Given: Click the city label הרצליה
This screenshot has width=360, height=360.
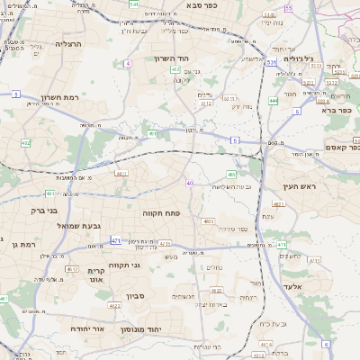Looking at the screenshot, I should pos(68,43).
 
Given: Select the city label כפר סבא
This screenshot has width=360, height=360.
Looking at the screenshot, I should pos(203,5).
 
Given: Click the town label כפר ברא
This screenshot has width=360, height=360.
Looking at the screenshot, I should pos(340,111).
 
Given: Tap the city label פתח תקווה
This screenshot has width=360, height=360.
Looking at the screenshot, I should pos(161,213).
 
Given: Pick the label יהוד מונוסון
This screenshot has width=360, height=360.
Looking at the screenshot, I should pos(165,328).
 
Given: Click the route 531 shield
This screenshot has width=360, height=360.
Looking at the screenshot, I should pos(271,63).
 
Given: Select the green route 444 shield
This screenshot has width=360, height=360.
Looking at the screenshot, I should pos(273,101).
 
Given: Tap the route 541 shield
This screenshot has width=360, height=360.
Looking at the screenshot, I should pos(134,4).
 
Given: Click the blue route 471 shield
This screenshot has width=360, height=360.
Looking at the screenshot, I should pos(116,240).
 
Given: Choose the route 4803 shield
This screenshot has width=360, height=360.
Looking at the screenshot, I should pos(209,220).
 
